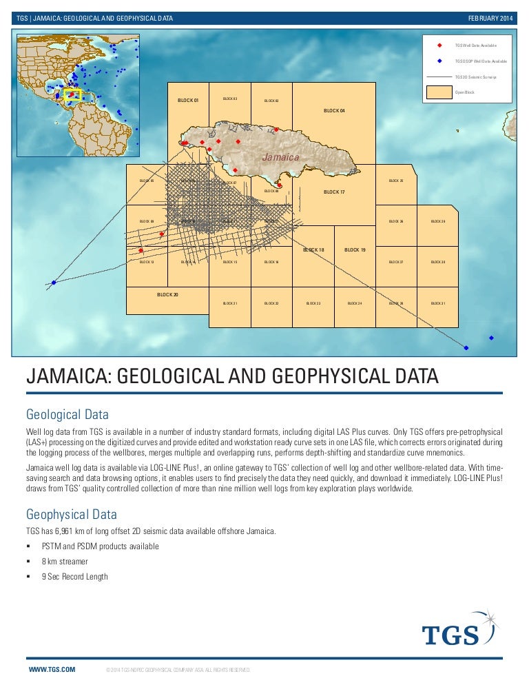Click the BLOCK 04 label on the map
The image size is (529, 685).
tap(334, 110)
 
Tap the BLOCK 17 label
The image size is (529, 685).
tap(334, 192)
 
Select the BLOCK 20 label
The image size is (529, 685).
tap(167, 294)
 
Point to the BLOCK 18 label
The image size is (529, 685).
tap(313, 249)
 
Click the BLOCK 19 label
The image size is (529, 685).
tap(355, 249)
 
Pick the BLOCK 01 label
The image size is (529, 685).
tap(188, 101)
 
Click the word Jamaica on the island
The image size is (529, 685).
tap(280, 158)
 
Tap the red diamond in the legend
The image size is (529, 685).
tap(440, 45)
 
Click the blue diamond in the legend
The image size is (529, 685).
tap(440, 61)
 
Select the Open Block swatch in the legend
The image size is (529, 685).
tap(439, 92)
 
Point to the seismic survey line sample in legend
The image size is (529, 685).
tap(439, 77)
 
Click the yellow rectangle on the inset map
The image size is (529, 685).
tap(72, 94)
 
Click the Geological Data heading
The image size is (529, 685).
tap(67, 415)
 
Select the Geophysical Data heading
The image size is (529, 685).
tap(71, 514)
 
